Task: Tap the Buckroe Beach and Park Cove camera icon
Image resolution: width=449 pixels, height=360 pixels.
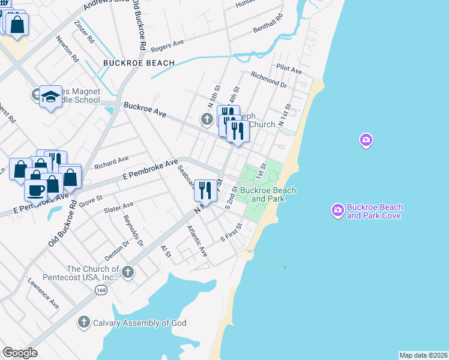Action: [x=337, y=210]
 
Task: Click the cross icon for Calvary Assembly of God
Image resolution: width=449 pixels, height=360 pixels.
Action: [x=84, y=322]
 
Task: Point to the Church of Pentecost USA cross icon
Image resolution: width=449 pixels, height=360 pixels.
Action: [x=127, y=273]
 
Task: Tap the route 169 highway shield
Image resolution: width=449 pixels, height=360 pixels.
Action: [x=100, y=290]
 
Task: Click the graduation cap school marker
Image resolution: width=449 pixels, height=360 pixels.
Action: [x=51, y=96]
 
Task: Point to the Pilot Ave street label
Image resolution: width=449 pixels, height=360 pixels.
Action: [x=289, y=70]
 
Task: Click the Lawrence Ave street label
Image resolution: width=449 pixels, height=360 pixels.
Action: [x=43, y=293]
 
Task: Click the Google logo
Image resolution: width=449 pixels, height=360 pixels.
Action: [x=20, y=353]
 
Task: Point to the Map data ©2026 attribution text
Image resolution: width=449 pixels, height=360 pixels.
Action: [x=423, y=355]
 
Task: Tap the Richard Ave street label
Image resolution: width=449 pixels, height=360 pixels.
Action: [x=112, y=161]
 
